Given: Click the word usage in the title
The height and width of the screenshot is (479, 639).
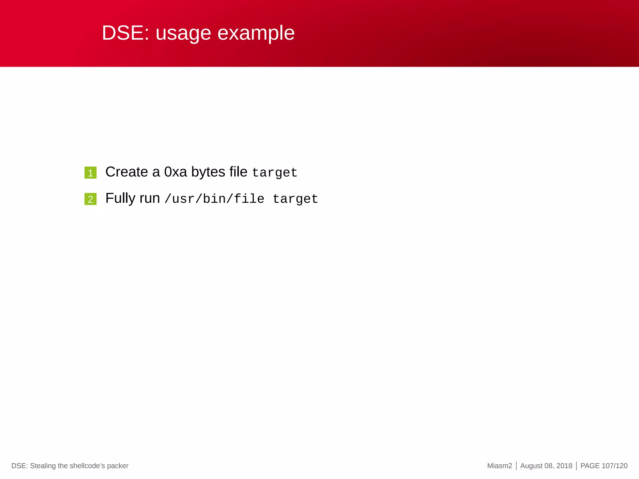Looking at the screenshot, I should coord(183,34).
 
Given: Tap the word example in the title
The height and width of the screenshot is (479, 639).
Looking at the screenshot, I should coord(256,34).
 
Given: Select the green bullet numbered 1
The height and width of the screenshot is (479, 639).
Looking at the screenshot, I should coord(90,173).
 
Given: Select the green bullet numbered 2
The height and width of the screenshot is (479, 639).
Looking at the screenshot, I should coord(90,199).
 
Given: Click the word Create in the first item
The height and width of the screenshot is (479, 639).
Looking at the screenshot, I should coord(126,172).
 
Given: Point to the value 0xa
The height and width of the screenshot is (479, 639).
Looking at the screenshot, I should coord(175,172).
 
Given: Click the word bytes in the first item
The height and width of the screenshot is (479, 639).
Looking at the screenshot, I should coord(208,172).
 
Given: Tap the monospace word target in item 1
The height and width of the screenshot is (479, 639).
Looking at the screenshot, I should coord(275,173).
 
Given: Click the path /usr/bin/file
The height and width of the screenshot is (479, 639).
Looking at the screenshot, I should coord(214,199).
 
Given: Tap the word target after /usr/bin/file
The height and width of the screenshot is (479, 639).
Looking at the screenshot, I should coord(295,199).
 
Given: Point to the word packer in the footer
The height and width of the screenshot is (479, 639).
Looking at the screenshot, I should coord(118,466).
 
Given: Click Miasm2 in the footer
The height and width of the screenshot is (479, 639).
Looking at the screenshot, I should coord(500,466).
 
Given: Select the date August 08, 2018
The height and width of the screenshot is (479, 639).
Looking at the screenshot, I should coord(546,466).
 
